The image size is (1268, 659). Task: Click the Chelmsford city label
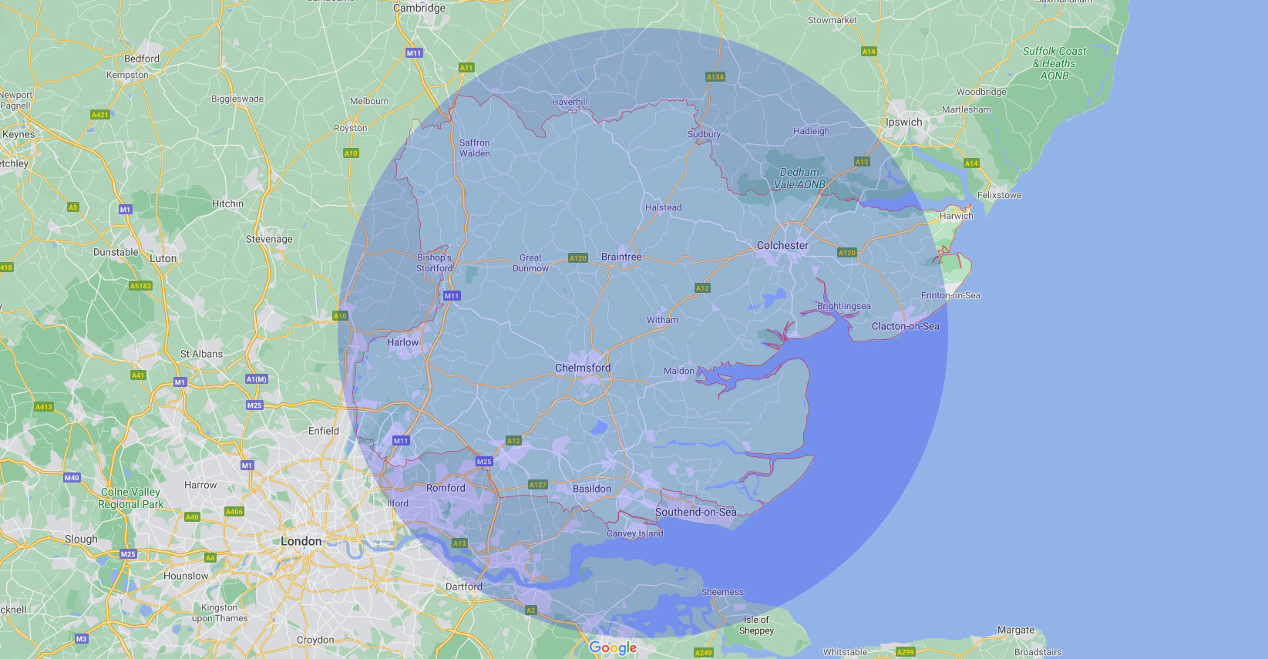(x=583, y=368)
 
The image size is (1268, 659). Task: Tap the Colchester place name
(x=782, y=246)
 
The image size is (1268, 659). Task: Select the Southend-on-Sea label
(x=695, y=513)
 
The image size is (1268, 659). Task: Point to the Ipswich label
(x=903, y=123)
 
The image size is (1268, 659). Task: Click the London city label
(x=301, y=542)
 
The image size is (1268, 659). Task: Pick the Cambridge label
(x=419, y=8)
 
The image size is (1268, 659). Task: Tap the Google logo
(x=613, y=648)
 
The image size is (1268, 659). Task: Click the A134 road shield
(x=715, y=77)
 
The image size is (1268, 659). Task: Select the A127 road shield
(x=537, y=485)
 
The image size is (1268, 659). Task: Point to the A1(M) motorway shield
(x=257, y=379)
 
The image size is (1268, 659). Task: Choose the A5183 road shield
(x=140, y=286)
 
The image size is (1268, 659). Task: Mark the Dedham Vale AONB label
(x=799, y=179)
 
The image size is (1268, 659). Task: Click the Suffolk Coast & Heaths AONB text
(x=1054, y=63)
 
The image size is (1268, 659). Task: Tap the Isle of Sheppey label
(x=756, y=625)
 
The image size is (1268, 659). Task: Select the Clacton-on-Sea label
(x=905, y=327)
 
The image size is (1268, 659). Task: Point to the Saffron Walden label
(x=474, y=148)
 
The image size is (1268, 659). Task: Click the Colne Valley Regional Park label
(x=130, y=498)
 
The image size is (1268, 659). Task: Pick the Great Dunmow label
(x=530, y=264)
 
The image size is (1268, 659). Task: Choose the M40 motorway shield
(x=72, y=478)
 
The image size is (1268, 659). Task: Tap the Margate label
(x=1015, y=630)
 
